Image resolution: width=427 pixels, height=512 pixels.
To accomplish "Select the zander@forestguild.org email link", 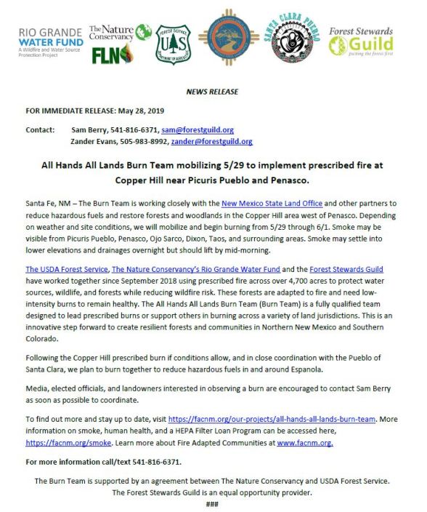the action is pyautogui.click(x=217, y=142).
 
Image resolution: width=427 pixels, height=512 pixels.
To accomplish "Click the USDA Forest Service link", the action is pyautogui.click(x=66, y=269).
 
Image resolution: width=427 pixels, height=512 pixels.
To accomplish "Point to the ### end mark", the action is pyautogui.click(x=213, y=500).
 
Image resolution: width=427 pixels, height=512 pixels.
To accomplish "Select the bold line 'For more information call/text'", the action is pyautogui.click(x=94, y=461).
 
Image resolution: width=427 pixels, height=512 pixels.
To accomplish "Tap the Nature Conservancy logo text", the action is pyautogui.click(x=111, y=32).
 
